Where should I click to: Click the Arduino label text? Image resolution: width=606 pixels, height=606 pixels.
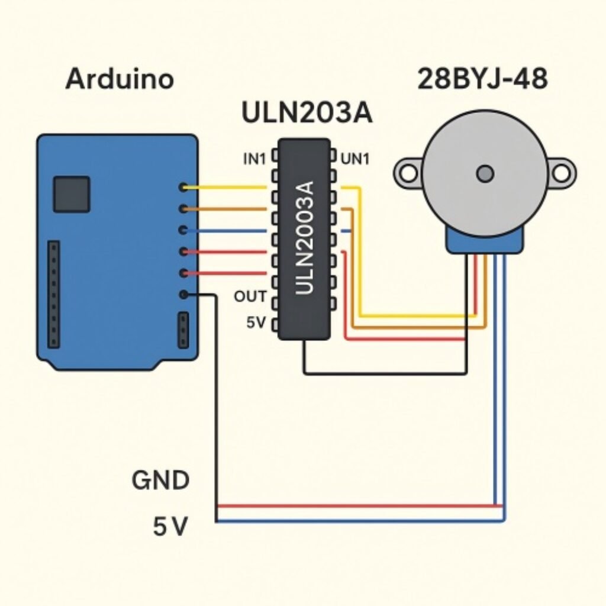120,79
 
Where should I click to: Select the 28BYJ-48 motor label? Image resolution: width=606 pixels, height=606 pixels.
482,79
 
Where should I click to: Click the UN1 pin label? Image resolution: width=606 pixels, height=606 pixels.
355,159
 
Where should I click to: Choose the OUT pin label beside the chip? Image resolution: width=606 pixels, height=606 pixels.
250,296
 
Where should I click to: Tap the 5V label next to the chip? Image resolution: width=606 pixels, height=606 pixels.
257,324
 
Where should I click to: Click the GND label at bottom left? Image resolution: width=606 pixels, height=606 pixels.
160,481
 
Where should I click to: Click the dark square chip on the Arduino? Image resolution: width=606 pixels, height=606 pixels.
71,194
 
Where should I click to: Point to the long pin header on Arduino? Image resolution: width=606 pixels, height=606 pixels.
54,294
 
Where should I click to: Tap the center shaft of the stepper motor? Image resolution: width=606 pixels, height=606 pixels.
485,173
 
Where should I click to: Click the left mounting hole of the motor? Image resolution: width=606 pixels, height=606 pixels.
408,173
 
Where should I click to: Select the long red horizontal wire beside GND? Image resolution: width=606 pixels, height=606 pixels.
355,507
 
